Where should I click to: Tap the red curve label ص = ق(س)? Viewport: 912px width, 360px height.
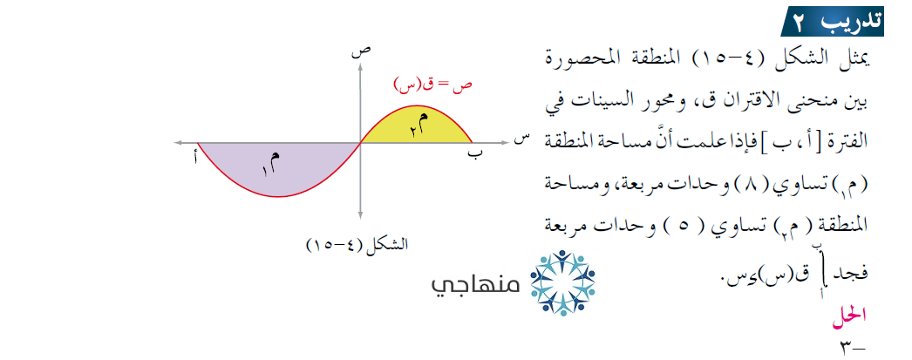click(432, 85)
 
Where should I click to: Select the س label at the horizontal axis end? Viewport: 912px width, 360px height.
click(521, 140)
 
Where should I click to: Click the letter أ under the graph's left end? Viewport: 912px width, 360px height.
click(195, 157)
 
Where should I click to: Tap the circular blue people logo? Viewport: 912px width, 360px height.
click(562, 283)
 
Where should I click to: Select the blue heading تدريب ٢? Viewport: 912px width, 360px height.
click(833, 23)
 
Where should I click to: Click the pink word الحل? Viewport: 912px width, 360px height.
click(853, 316)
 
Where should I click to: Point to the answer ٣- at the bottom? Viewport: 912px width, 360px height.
click(853, 348)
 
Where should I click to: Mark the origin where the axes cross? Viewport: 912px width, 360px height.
click(361, 143)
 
